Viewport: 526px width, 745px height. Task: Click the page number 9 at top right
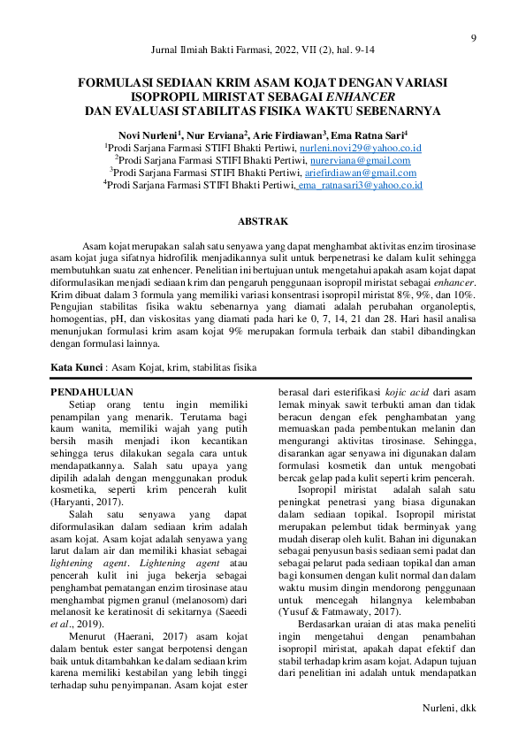coord(473,37)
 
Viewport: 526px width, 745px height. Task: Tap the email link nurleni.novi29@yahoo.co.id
coord(361,148)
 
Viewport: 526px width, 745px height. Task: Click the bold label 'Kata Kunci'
coord(76,365)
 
